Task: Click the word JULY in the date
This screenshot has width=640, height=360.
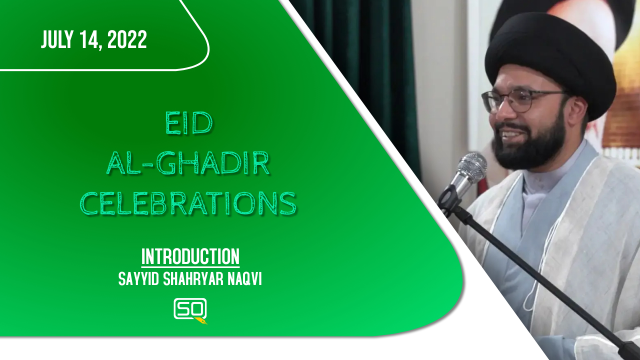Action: (x=57, y=39)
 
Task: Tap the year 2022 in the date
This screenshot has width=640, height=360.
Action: (x=127, y=39)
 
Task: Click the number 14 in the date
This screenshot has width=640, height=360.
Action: (x=90, y=40)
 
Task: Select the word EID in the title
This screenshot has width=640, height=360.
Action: (x=189, y=123)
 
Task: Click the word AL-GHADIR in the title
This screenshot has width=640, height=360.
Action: (x=188, y=163)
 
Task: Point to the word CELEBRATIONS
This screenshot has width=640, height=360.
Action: (x=188, y=203)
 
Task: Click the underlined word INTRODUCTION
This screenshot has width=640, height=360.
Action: (x=190, y=257)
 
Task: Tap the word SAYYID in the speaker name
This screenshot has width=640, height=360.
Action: (x=138, y=278)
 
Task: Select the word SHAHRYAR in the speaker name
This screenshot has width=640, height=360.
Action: (x=193, y=278)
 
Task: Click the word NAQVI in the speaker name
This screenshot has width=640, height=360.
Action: (x=244, y=278)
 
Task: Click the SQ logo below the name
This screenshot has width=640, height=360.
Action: (x=190, y=310)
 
